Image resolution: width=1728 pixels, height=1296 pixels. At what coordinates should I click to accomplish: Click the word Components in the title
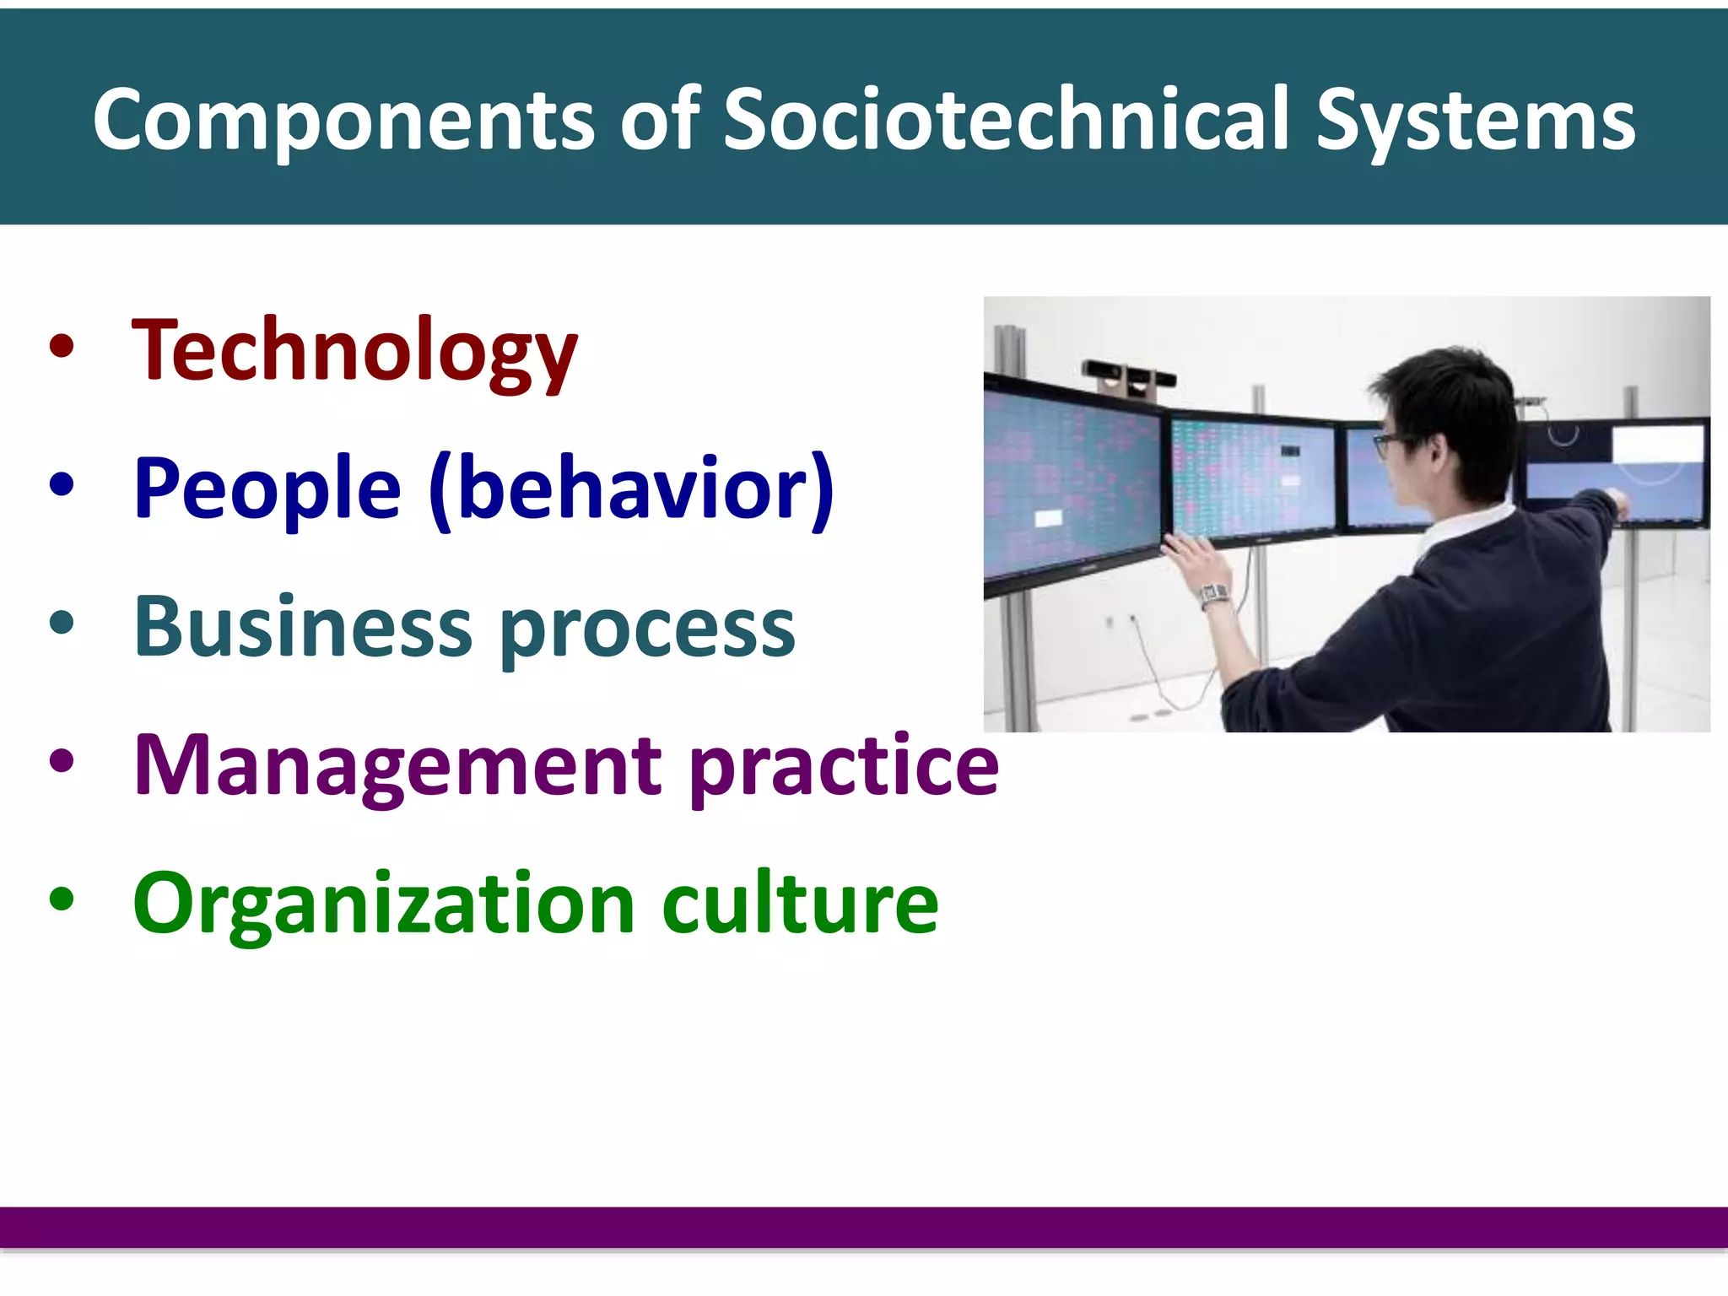click(344, 121)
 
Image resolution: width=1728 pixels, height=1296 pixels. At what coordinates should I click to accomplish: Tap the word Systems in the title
click(1475, 121)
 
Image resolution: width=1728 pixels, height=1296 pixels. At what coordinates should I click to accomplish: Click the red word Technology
click(354, 351)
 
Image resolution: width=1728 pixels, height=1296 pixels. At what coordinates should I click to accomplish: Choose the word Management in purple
click(397, 765)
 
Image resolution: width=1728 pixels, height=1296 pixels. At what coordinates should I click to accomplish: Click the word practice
click(844, 768)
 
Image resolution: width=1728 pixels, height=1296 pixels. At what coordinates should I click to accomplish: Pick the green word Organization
click(383, 904)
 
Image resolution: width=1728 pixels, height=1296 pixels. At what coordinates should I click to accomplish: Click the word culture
click(800, 904)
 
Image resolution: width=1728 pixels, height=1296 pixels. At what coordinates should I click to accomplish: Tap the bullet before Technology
click(62, 346)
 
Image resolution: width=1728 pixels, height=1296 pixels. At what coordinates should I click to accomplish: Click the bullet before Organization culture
click(62, 899)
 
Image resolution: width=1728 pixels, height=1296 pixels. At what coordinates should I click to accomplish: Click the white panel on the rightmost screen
click(1657, 444)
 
